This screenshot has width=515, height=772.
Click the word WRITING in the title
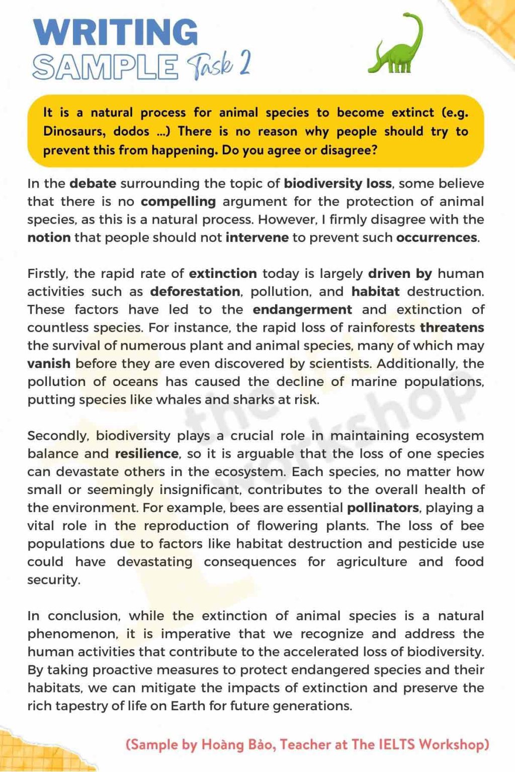point(116,32)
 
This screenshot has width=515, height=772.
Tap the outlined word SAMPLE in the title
point(105,67)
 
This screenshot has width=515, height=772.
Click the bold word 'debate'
point(93,183)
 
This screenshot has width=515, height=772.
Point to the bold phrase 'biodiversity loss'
point(337,183)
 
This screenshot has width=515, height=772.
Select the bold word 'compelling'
point(178,202)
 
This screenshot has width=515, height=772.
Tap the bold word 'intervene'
point(257,238)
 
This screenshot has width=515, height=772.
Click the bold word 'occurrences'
point(437,238)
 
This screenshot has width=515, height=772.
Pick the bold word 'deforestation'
point(195,292)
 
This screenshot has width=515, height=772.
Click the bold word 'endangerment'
point(302,310)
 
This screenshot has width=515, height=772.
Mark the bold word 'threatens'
point(452,328)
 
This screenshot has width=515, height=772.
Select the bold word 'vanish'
point(49,364)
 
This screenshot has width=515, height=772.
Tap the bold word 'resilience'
point(146,454)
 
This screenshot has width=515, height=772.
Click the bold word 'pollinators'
point(383,508)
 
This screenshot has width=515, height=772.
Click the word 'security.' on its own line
point(54,580)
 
